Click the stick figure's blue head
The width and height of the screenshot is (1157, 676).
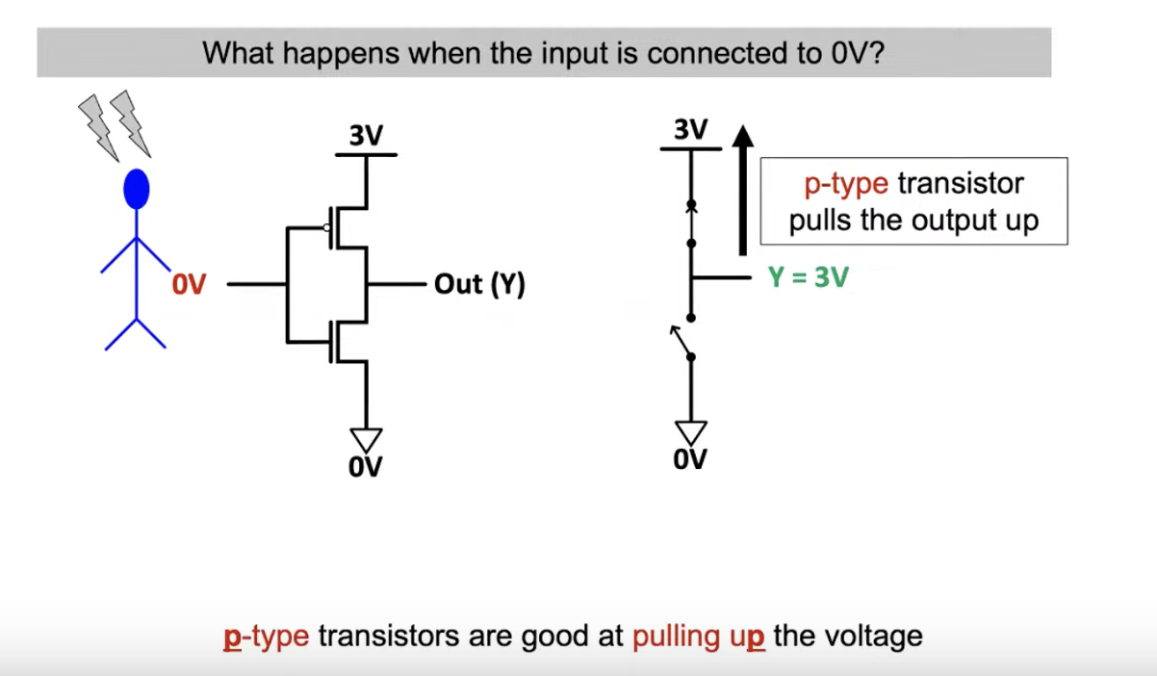click(138, 190)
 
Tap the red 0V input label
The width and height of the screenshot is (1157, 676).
click(190, 285)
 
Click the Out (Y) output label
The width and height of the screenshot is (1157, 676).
click(479, 285)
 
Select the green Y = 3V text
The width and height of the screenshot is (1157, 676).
click(809, 277)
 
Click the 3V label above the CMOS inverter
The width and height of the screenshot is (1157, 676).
click(366, 137)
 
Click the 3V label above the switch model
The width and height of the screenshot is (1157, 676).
click(691, 130)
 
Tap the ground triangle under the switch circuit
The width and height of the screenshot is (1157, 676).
click(691, 432)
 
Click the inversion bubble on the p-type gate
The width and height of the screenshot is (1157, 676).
click(328, 228)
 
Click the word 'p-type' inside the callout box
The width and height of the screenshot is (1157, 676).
click(846, 184)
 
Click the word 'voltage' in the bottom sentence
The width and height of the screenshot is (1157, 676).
click(874, 637)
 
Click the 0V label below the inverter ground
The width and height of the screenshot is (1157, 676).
click(366, 468)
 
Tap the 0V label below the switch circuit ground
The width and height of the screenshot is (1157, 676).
click(691, 460)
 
